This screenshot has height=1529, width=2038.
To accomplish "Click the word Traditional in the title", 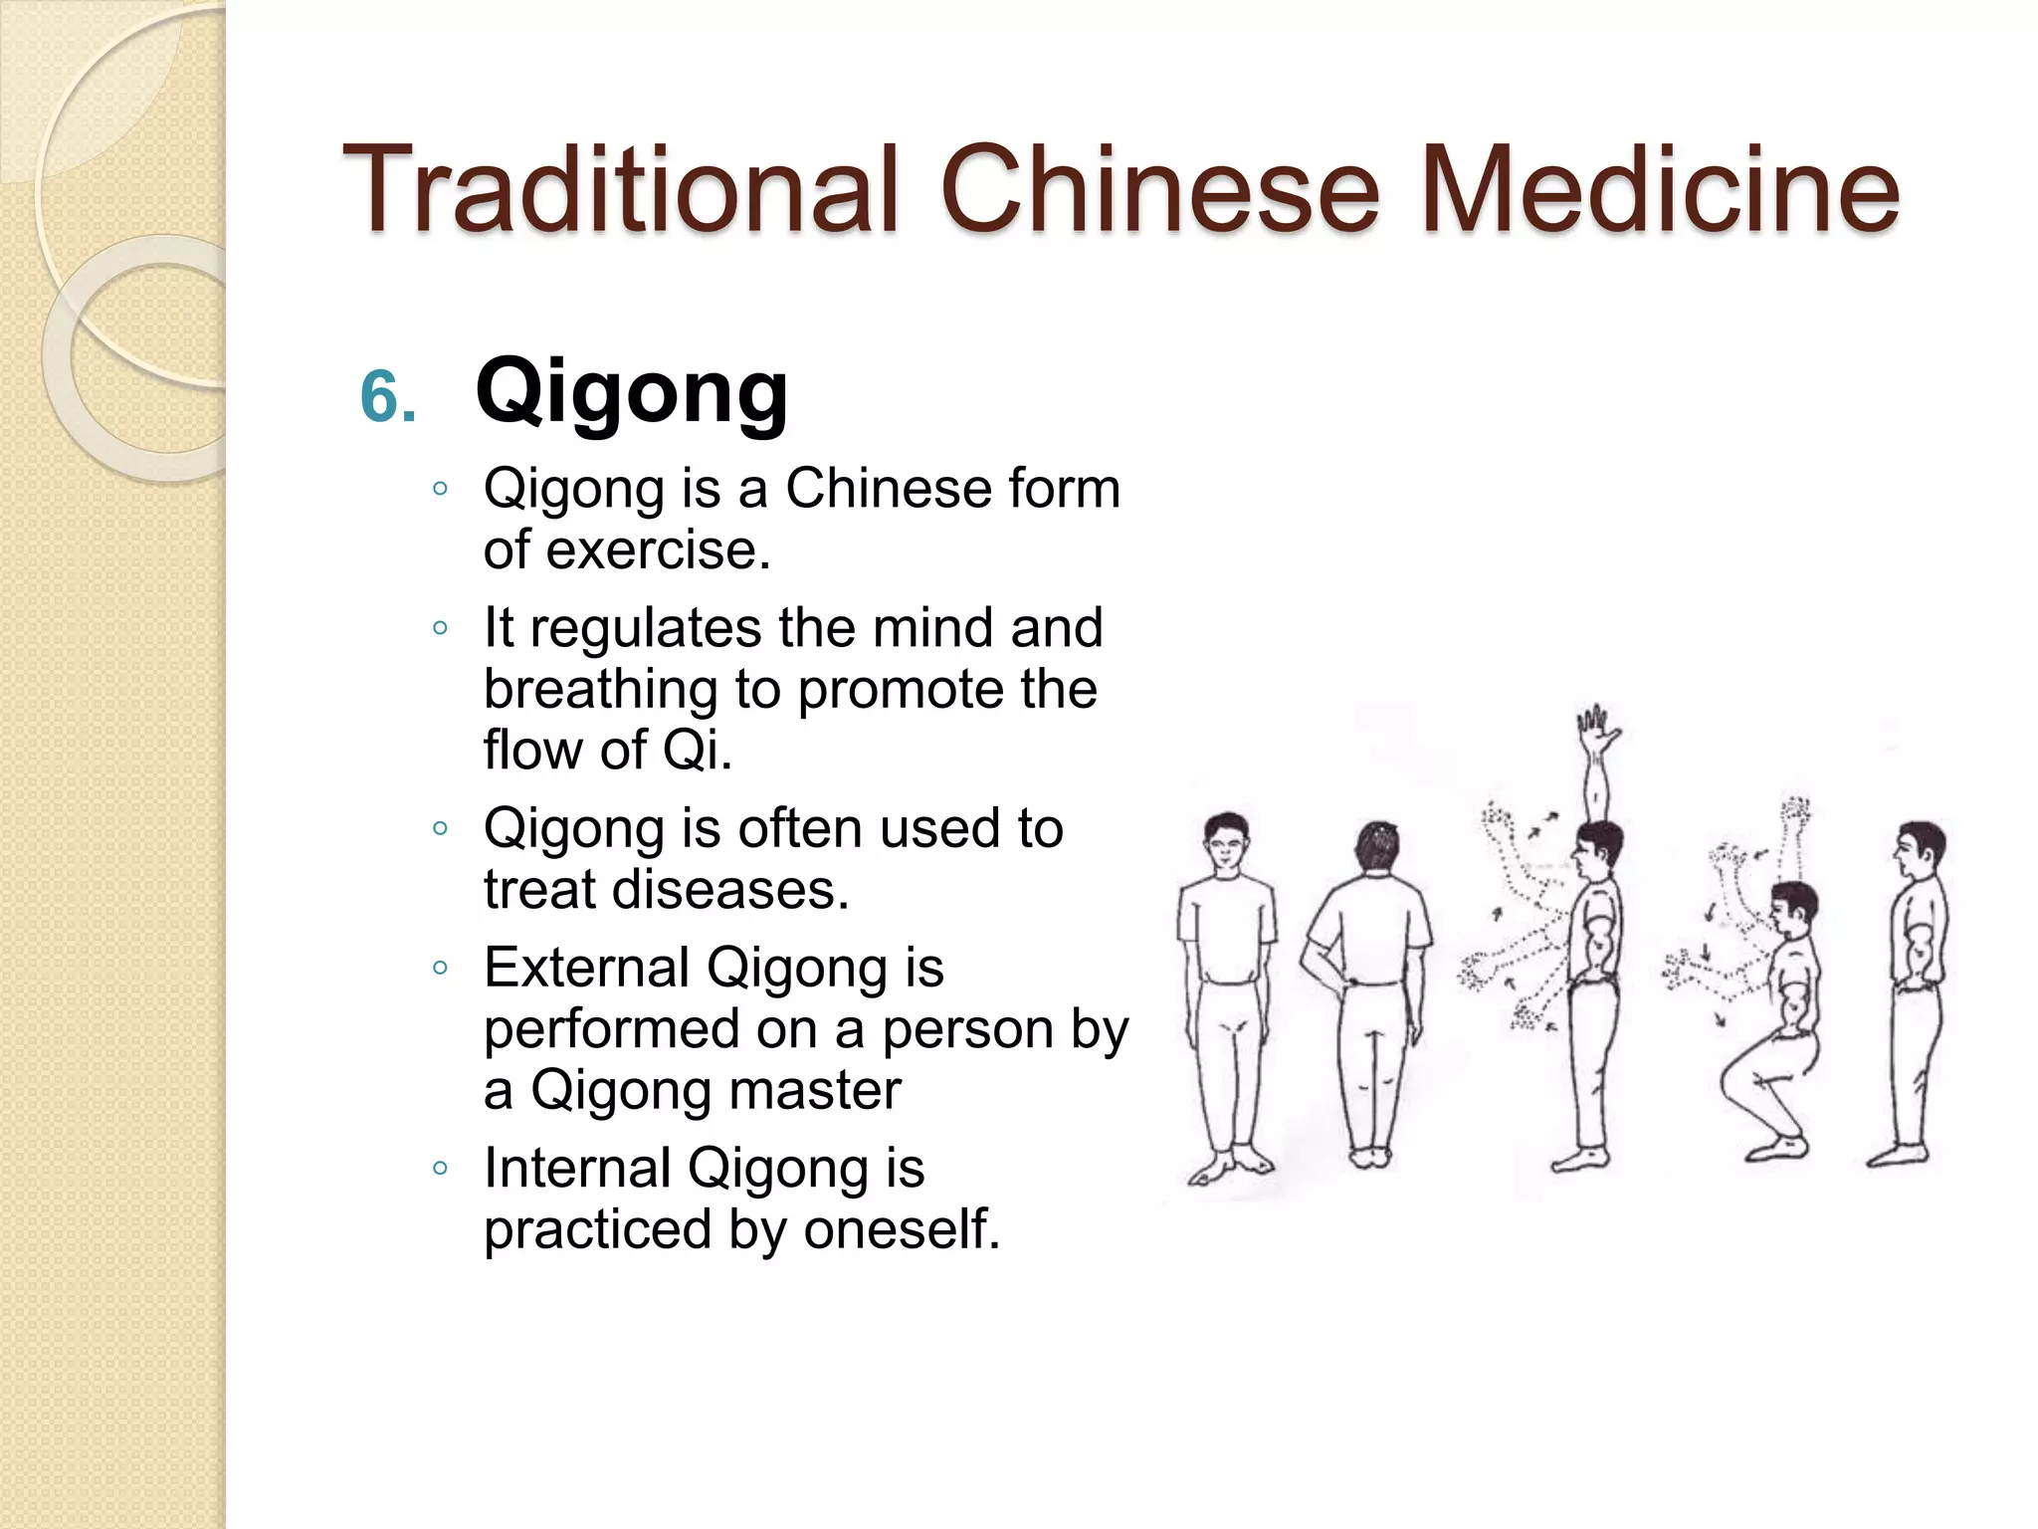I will [x=621, y=189].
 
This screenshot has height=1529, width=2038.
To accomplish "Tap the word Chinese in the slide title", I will [x=1160, y=189].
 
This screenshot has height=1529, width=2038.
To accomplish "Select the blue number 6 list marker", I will [x=386, y=398].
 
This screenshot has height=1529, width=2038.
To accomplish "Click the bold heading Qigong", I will [x=632, y=393].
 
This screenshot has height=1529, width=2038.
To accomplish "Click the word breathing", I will [x=600, y=689].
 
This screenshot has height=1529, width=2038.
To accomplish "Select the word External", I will [x=586, y=968].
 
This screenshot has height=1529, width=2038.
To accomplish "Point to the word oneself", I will [x=901, y=1229].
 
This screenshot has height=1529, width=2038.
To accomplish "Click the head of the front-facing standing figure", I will [x=1226, y=841].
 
